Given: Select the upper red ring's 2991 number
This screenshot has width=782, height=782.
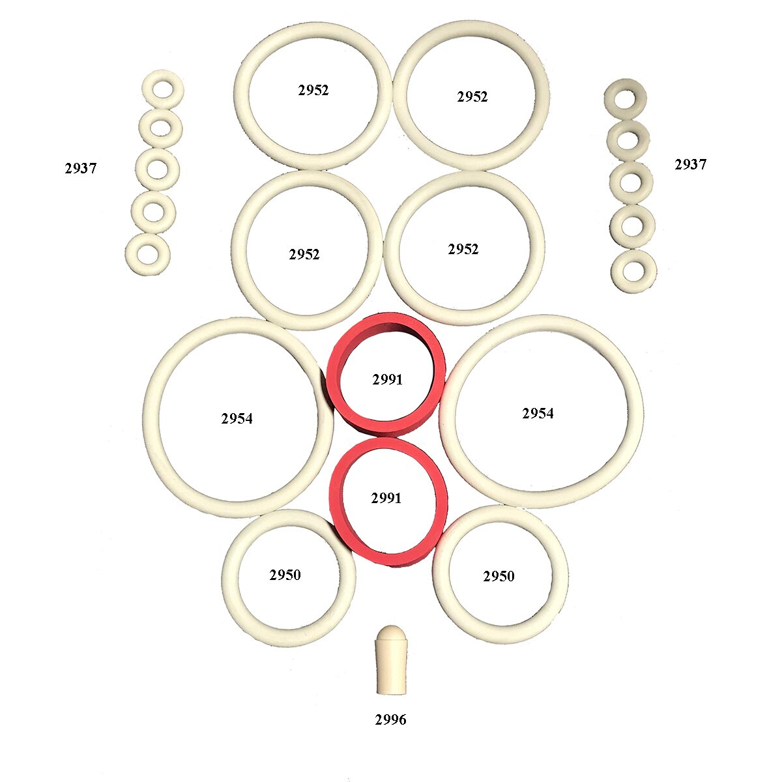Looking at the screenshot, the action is (388, 379).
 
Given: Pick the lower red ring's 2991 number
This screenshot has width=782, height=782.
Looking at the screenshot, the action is (386, 498).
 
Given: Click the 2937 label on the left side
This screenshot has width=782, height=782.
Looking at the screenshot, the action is (81, 168).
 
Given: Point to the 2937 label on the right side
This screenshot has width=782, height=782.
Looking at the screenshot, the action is (690, 164).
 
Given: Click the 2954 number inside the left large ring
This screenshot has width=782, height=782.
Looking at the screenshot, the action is (237, 418).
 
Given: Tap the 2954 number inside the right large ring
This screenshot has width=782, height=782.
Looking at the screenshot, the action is (538, 413).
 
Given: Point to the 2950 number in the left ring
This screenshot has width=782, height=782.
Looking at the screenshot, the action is (285, 575).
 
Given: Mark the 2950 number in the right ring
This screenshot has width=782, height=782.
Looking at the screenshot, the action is (499, 576).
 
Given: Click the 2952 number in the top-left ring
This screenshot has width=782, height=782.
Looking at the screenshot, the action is (313, 90).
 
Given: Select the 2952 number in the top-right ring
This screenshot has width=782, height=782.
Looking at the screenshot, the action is (472, 96).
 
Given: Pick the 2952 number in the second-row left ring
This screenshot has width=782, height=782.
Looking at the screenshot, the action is (304, 254).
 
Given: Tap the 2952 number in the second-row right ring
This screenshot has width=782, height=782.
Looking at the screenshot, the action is (463, 249).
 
